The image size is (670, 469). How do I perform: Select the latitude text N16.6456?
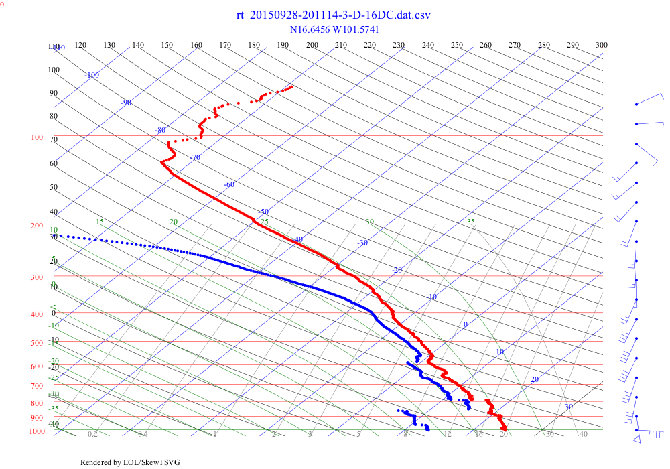pyautogui.click(x=310, y=29)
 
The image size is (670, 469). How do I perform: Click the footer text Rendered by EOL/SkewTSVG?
pyautogui.click(x=130, y=462)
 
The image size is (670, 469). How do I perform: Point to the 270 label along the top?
pyautogui.click(x=515, y=45)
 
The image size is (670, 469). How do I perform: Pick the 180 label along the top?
pyautogui.click(x=254, y=45)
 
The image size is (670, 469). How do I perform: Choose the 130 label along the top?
pyautogui.click(x=109, y=45)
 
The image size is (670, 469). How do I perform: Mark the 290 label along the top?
pyautogui.click(x=573, y=45)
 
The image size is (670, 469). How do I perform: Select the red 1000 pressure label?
pyautogui.click(x=36, y=432)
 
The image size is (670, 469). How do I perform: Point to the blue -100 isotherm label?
pyautogui.click(x=92, y=75)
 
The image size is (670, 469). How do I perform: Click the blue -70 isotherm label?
pyautogui.click(x=195, y=158)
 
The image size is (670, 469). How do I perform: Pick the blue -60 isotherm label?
pyautogui.click(x=229, y=184)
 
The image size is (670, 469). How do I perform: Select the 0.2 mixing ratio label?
pyautogui.click(x=92, y=435)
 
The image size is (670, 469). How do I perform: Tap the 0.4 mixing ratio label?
pyautogui.click(x=143, y=435)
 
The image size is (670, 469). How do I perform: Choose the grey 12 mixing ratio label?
pyautogui.click(x=448, y=435)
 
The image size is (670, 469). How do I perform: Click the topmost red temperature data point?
pyautogui.click(x=291, y=86)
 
